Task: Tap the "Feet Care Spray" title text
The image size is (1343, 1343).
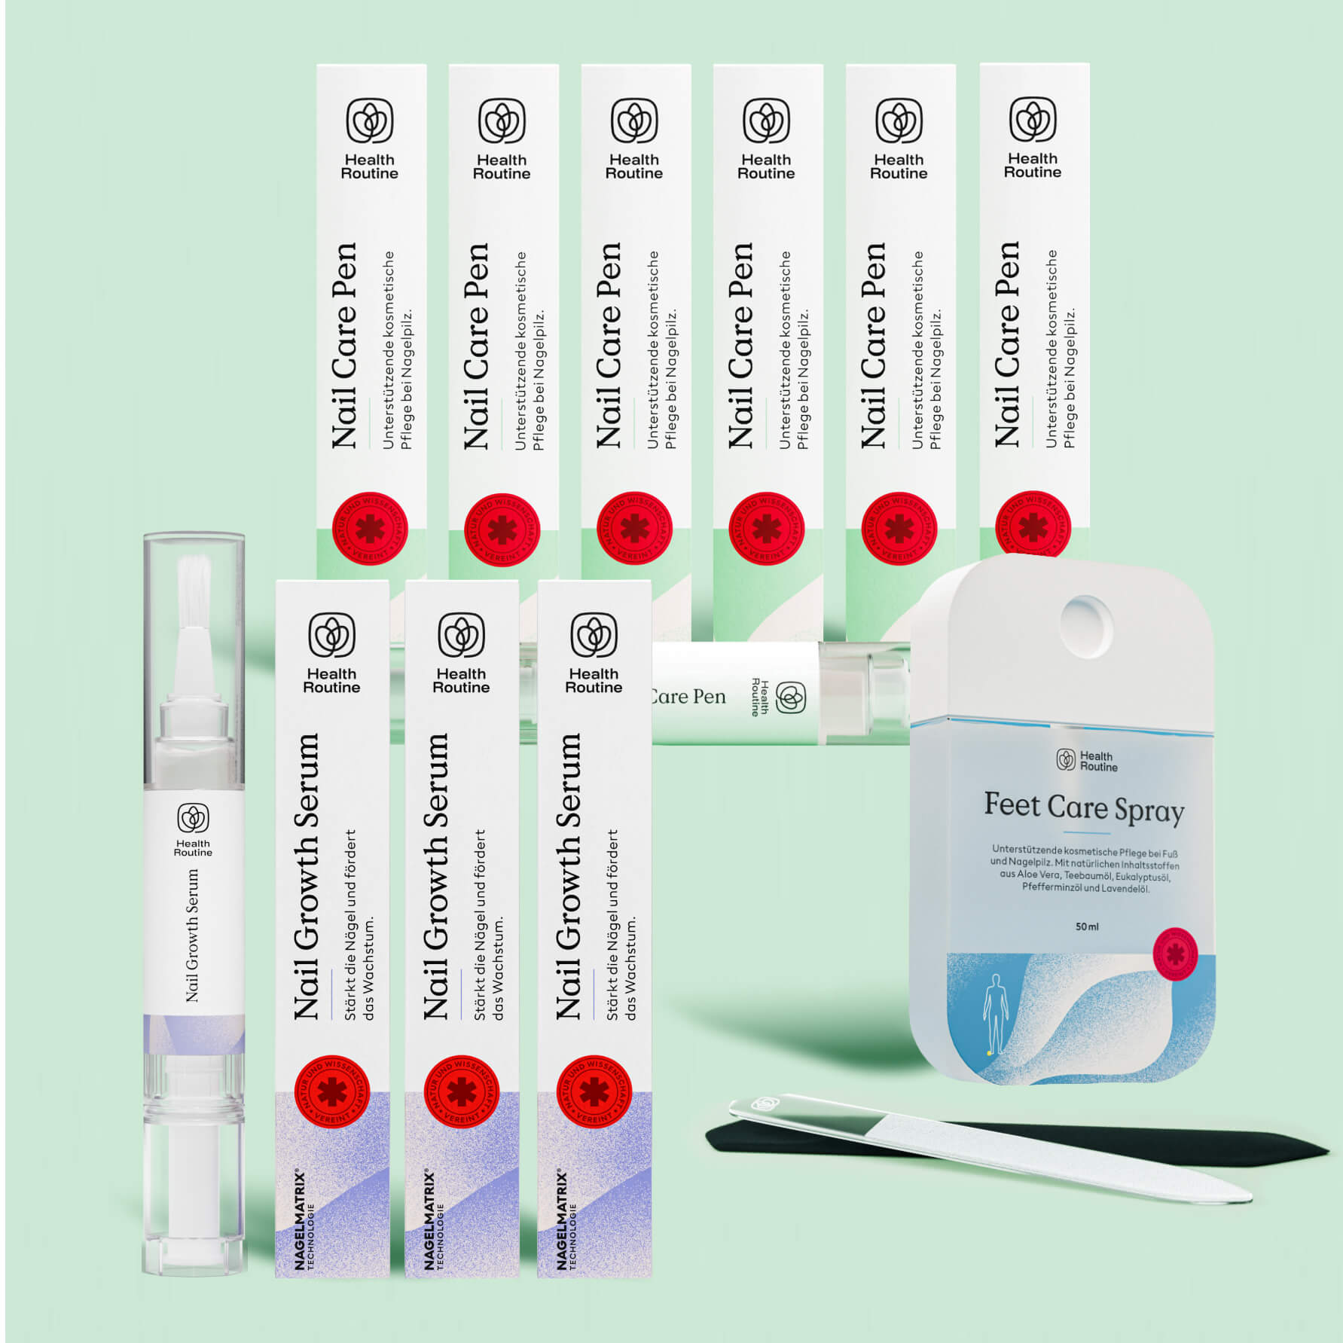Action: [1083, 807]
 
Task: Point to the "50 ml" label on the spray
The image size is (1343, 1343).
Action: [1086, 926]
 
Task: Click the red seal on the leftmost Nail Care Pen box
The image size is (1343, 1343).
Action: [370, 529]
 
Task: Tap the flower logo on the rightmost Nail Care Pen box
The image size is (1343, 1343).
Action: [1033, 119]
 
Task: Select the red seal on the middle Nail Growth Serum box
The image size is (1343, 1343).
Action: [461, 1092]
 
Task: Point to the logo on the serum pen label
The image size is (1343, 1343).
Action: [193, 818]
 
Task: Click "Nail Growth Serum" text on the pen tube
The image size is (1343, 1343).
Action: [193, 935]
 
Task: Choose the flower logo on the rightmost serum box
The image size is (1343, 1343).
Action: [594, 635]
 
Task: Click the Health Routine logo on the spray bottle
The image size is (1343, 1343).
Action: [1066, 759]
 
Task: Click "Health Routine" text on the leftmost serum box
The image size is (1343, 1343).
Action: [331, 680]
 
